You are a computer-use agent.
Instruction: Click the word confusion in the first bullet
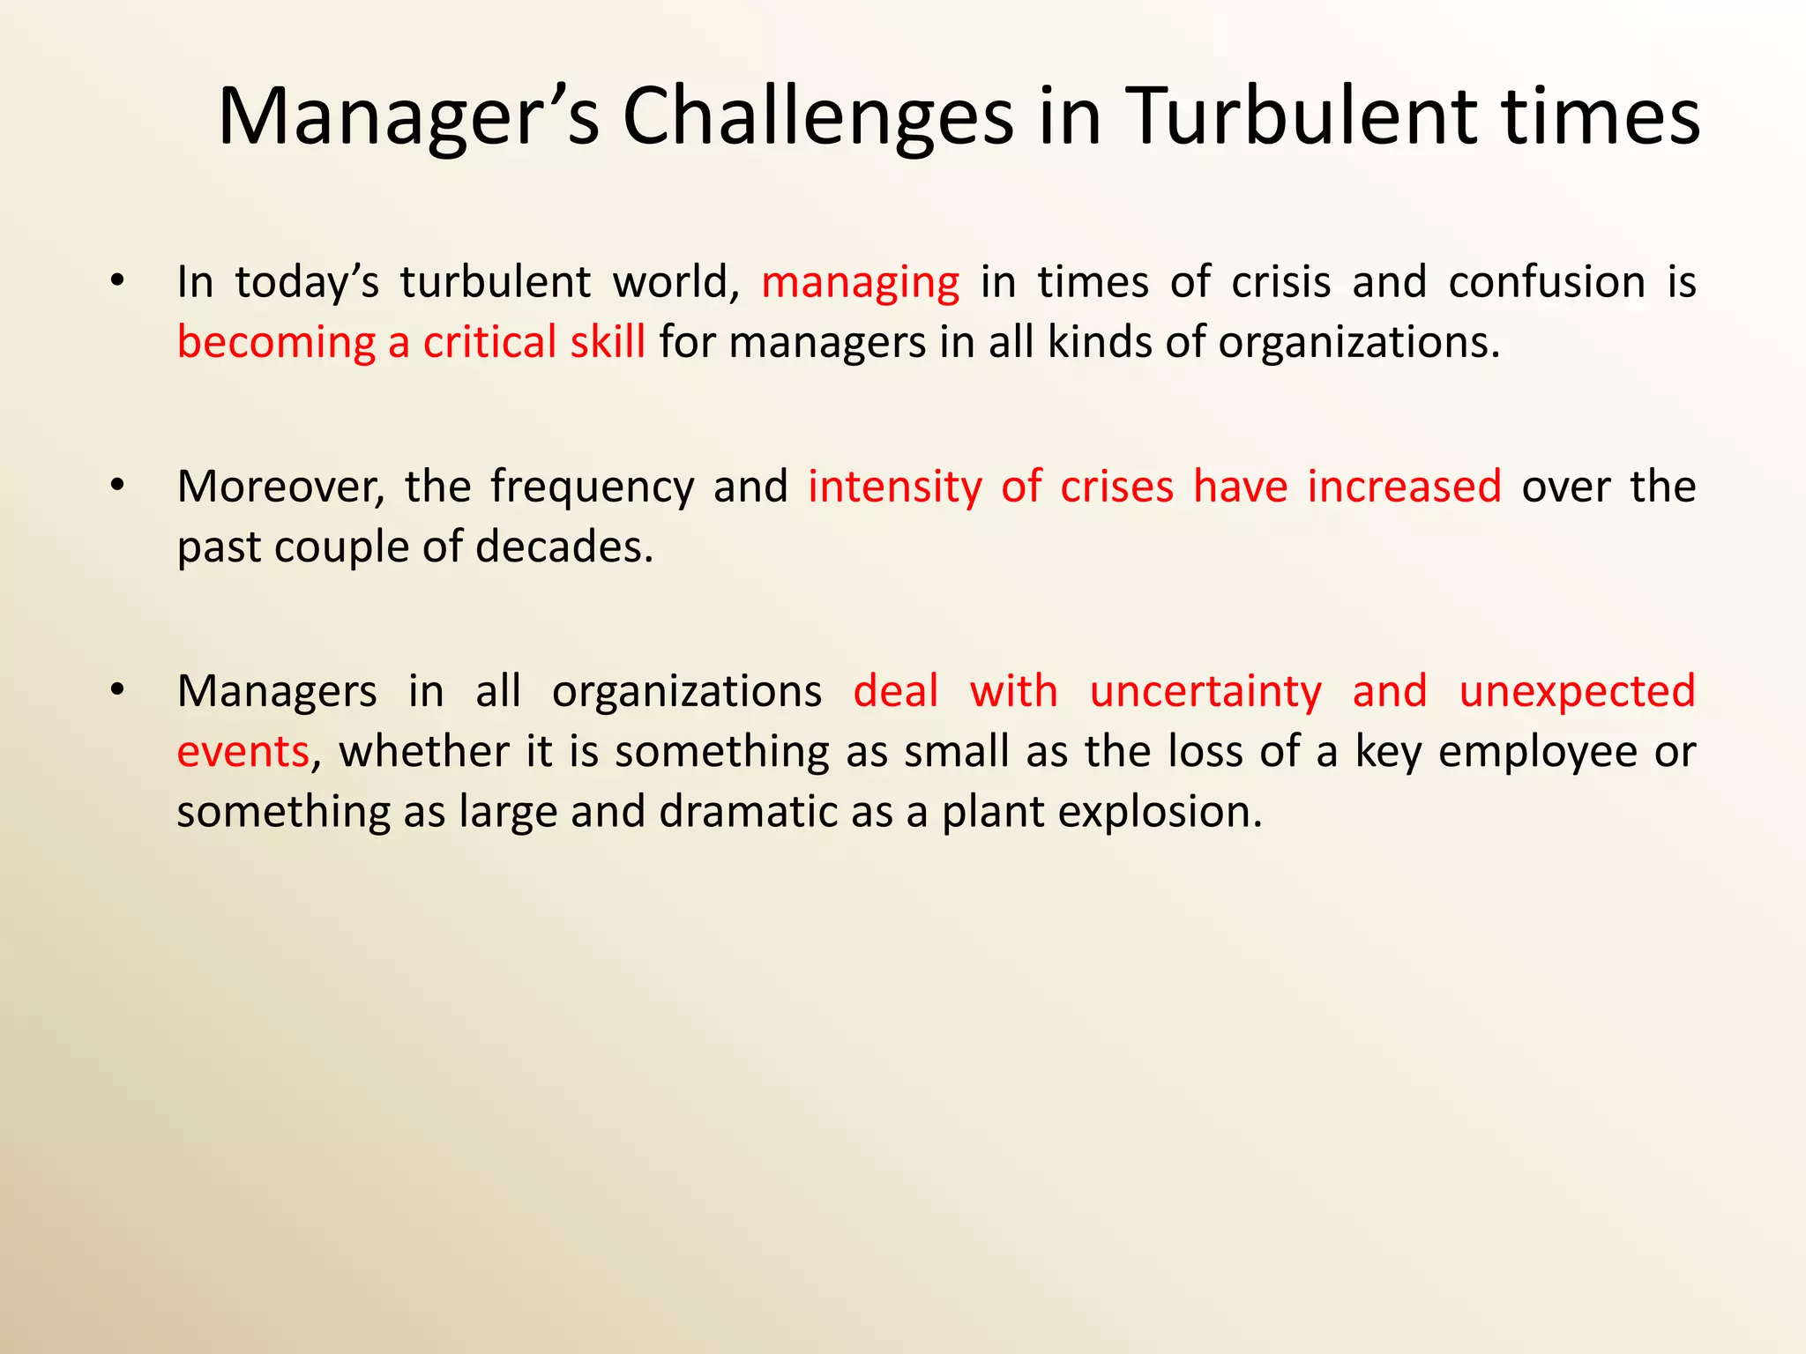(x=1547, y=282)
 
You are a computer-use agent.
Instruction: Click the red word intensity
(x=894, y=487)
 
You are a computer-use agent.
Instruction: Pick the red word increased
(x=1404, y=487)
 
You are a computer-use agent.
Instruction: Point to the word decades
(x=563, y=547)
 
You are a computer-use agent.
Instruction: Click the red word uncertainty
(x=1205, y=692)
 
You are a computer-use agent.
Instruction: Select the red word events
(x=243, y=752)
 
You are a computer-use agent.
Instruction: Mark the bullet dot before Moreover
(x=117, y=485)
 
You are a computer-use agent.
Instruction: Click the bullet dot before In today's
(x=117, y=281)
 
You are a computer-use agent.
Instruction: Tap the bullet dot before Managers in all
(x=117, y=689)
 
